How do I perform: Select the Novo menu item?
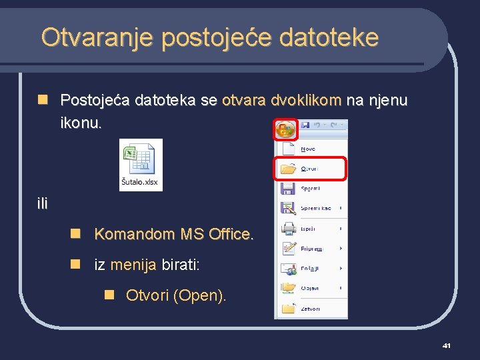[x=308, y=149]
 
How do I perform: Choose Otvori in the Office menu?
[x=309, y=169]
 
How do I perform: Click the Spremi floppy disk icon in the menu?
[x=288, y=189]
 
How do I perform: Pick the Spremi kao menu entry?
[x=315, y=209]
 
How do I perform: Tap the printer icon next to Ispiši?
[x=288, y=229]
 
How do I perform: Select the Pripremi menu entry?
[x=311, y=249]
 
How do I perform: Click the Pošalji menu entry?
[x=310, y=269]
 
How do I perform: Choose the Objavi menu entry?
[x=309, y=289]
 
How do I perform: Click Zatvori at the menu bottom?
[x=310, y=309]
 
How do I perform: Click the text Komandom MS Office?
[x=174, y=235]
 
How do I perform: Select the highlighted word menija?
[x=133, y=265]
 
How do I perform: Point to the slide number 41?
[x=447, y=345]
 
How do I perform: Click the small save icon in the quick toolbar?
[x=305, y=125]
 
